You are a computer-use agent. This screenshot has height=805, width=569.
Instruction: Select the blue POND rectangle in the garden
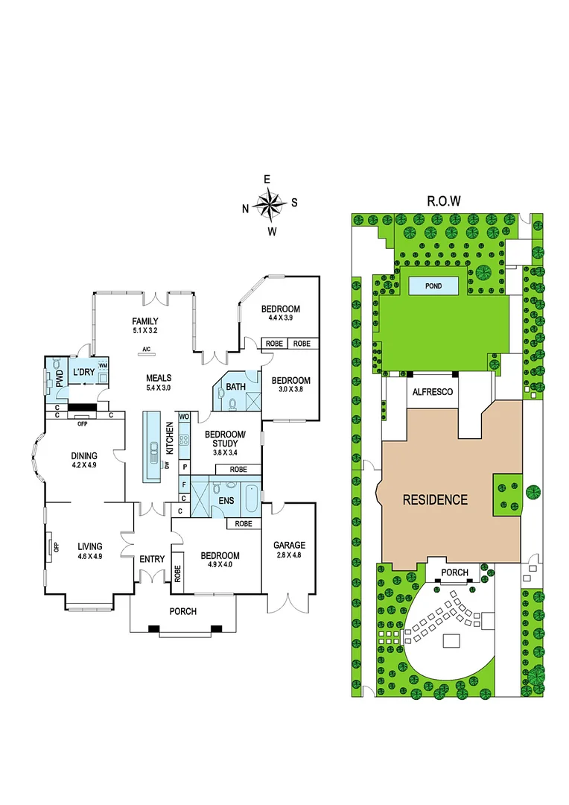(433, 285)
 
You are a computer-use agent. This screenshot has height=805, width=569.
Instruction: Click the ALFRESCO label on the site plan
(433, 391)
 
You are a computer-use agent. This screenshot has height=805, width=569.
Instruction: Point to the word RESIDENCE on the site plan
(435, 500)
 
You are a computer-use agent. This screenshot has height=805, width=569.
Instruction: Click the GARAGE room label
(289, 545)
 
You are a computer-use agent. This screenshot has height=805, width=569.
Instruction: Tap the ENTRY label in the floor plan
(152, 559)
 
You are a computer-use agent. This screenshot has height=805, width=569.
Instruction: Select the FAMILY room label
(145, 321)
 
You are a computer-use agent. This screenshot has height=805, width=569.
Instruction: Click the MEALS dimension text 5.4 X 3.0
(159, 388)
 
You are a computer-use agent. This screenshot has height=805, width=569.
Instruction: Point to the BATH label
(235, 387)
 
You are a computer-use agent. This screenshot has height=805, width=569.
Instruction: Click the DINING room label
(83, 456)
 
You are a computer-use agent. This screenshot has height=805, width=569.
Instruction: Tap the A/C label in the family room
(145, 349)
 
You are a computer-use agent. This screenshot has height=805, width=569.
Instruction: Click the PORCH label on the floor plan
(183, 611)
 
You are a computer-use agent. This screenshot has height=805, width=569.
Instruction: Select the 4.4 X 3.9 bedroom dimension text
(280, 318)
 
